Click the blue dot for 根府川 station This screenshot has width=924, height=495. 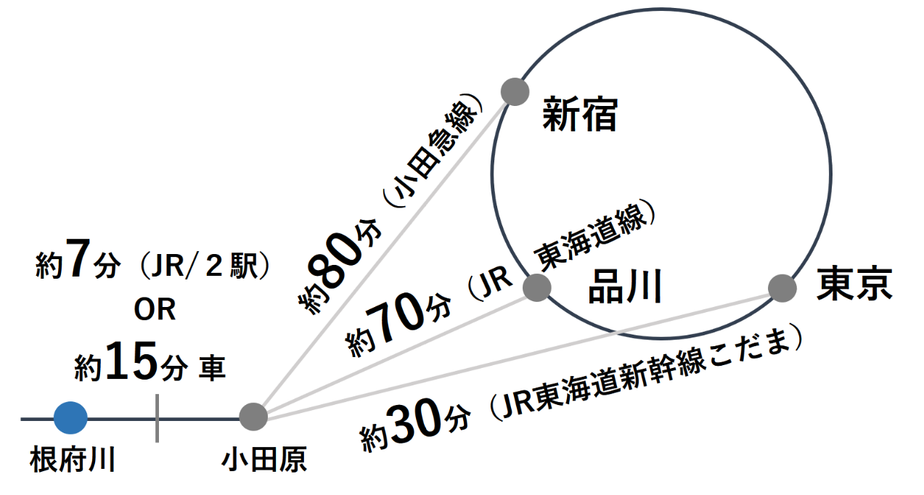point(70,418)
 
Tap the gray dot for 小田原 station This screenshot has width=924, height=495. point(253,417)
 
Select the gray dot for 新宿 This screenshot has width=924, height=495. point(515,91)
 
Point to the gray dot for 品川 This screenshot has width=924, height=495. point(536,287)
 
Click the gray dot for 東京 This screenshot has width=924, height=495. point(782,288)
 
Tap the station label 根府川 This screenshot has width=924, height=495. point(73,460)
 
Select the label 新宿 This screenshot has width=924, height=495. point(579,116)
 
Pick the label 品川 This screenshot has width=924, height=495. point(624,287)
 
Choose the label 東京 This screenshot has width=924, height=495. point(854,283)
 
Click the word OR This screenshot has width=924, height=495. point(155,311)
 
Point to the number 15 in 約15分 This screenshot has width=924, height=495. point(131,363)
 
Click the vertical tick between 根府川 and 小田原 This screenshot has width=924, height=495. point(157,418)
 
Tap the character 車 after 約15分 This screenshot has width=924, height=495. point(213,367)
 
